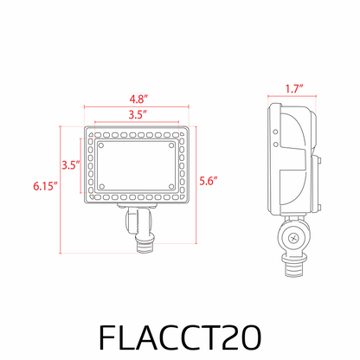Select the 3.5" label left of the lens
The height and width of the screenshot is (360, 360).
71,164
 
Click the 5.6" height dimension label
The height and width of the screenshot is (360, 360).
208,180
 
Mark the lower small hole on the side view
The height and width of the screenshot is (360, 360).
276,134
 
